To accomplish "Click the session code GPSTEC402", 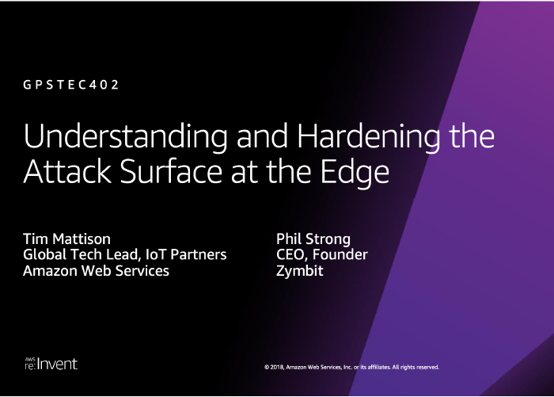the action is (70, 85).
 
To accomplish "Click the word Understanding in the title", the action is (125, 136).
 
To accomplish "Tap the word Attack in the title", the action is (67, 171).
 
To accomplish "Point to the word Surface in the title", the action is (172, 171).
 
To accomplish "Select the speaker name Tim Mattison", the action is (66, 239).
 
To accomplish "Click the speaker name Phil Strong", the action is (313, 239).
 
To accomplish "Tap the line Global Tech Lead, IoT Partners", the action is (125, 254).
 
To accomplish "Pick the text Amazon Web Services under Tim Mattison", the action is (96, 271).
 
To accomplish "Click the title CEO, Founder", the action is (322, 254).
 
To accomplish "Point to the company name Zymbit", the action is (300, 271).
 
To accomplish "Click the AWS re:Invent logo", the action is (51, 364).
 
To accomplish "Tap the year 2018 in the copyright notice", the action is (277, 367).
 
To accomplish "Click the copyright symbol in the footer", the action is (267, 367).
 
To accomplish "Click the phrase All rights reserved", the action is (415, 367).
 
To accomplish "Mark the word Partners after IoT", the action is (199, 254).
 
